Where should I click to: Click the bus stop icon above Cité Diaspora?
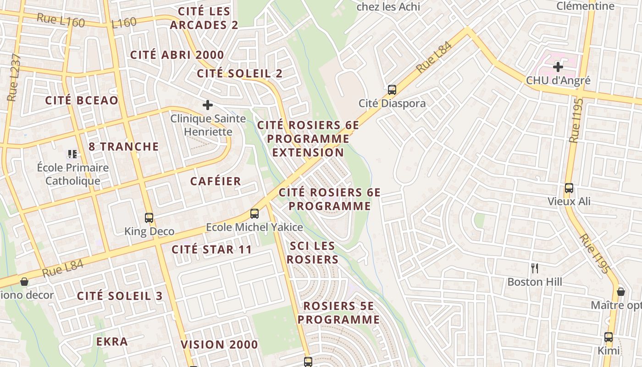pos(392,89)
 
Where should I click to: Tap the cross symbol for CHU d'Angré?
pos(558,67)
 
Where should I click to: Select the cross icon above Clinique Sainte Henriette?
pos(208,105)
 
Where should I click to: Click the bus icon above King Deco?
pos(149,217)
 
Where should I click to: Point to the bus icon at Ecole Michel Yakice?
pos(254,213)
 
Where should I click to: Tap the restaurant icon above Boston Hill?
pos(534,268)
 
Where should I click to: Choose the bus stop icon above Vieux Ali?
pos(569,188)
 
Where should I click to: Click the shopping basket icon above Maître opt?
pos(620,291)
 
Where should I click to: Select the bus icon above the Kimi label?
pos(608,337)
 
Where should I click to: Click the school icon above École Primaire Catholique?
pos(72,154)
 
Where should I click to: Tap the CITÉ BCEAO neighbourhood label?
pos(82,100)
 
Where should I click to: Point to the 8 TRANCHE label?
pos(123,147)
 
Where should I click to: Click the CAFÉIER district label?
pos(216,181)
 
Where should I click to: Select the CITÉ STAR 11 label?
pos(211,250)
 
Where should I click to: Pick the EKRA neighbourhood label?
pos(112,342)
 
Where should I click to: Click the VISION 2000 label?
pos(219,345)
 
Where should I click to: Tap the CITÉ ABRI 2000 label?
pos(177,55)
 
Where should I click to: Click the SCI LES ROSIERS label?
pos(312,253)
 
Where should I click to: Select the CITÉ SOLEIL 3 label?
pos(120,296)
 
